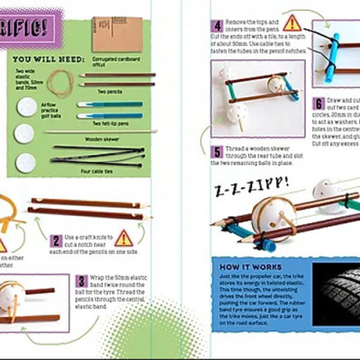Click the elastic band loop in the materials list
point(62,84)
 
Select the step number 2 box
point(56,240)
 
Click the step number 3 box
point(80,281)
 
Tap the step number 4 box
point(217,27)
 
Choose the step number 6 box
point(319,104)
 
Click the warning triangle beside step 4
point(292,23)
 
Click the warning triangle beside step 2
point(123,238)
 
